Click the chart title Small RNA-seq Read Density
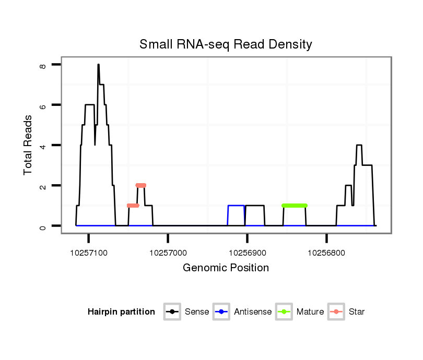tap(226, 44)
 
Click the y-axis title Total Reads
tap(28, 145)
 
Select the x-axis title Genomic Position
tap(226, 268)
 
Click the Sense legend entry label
tap(197, 312)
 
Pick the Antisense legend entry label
tap(253, 312)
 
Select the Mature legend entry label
tap(310, 312)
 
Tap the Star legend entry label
tap(357, 312)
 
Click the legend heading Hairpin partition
tap(121, 312)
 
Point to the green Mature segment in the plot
tap(295, 206)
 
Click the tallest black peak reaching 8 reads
tap(98, 65)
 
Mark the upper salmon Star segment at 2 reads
tap(141, 185)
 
